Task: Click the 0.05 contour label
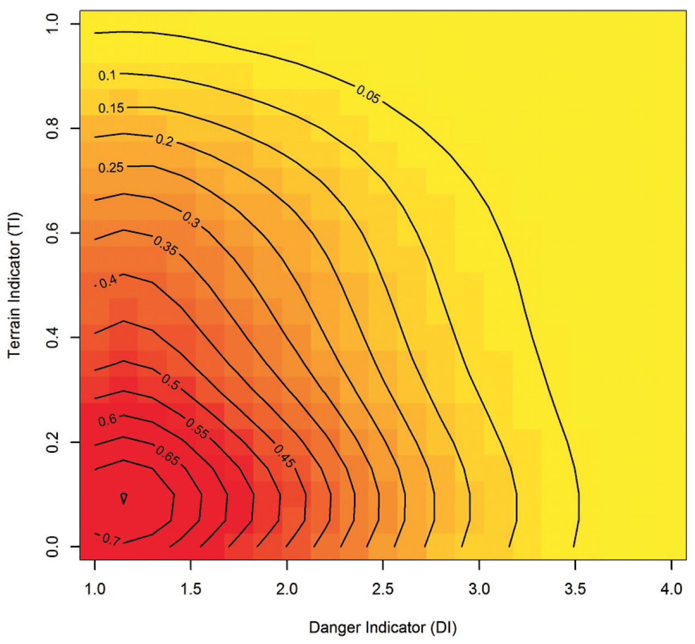coord(368,94)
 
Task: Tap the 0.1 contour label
coord(107,75)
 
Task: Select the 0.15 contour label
coord(111,108)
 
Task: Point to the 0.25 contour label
coord(111,168)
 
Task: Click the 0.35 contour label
coord(165,245)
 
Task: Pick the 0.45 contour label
coord(285,456)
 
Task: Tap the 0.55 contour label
coord(197,428)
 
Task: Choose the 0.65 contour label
coord(167,456)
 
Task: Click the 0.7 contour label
coord(111,539)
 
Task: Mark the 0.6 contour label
coord(107,420)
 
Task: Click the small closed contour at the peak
coord(124,498)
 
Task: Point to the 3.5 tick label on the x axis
coord(575,589)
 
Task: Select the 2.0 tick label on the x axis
coord(287,589)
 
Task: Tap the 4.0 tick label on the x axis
coord(671,589)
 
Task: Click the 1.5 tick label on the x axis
coord(190,589)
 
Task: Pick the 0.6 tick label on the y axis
coord(53,233)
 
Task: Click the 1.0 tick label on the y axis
coord(53,24)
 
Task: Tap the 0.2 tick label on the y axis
coord(53,442)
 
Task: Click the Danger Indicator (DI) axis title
coord(383,628)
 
